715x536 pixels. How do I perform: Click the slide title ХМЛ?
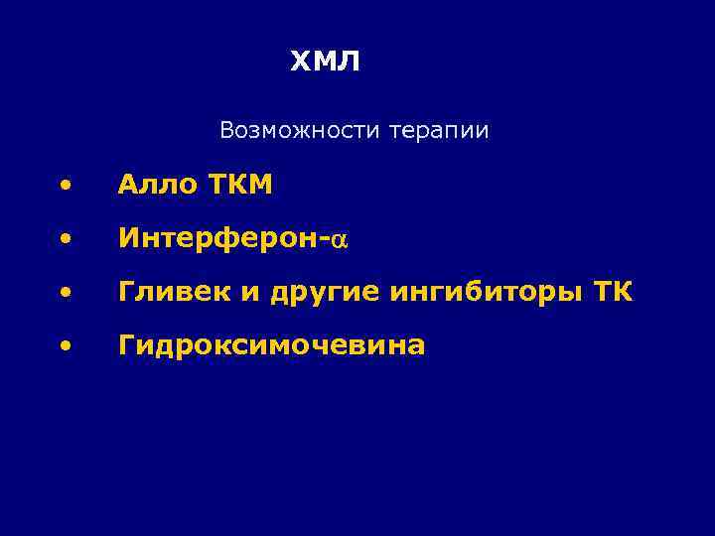(326, 63)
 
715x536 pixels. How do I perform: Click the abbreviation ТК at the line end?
(613, 293)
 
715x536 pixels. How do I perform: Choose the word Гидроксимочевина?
(271, 346)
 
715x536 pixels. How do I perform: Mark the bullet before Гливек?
(65, 294)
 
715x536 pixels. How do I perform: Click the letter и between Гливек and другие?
(220, 295)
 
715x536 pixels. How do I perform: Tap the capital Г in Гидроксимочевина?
(126, 345)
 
